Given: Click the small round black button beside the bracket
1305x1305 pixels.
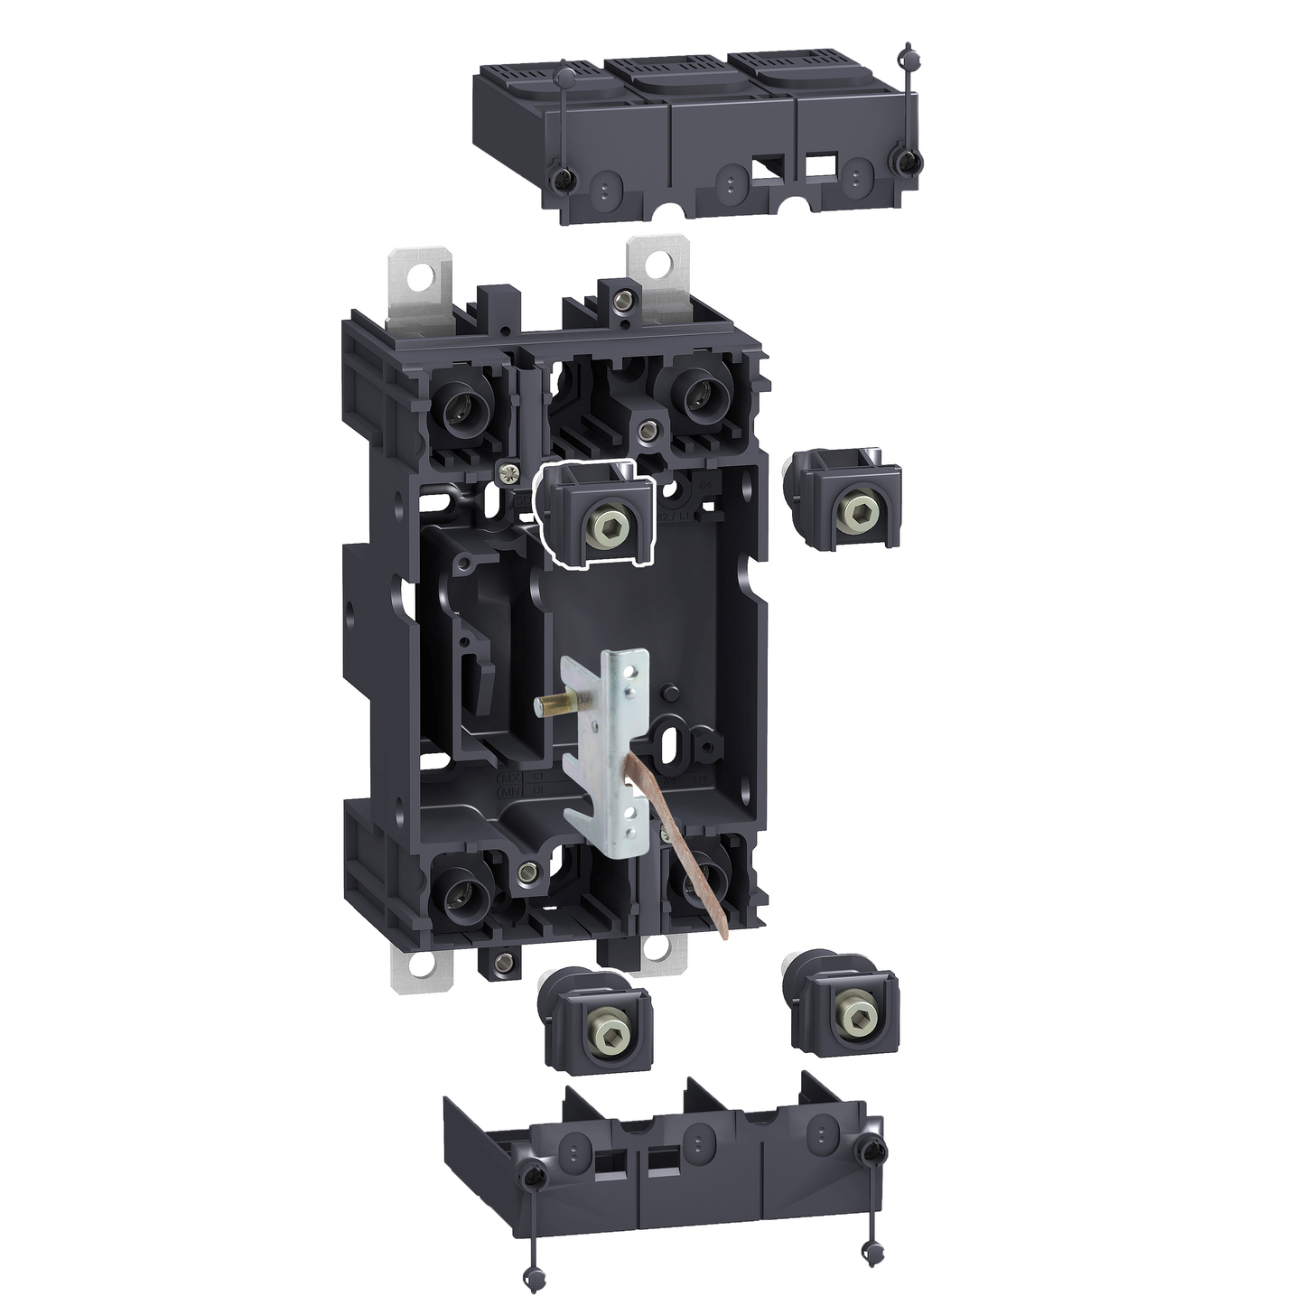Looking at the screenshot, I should (x=670, y=694).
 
